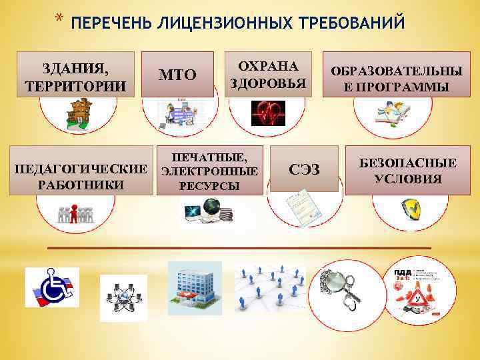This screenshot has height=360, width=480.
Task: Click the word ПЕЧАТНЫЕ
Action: click(209, 157)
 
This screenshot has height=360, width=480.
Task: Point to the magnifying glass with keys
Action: click(342, 287)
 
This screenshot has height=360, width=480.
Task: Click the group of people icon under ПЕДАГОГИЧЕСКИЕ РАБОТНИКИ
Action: click(75, 213)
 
